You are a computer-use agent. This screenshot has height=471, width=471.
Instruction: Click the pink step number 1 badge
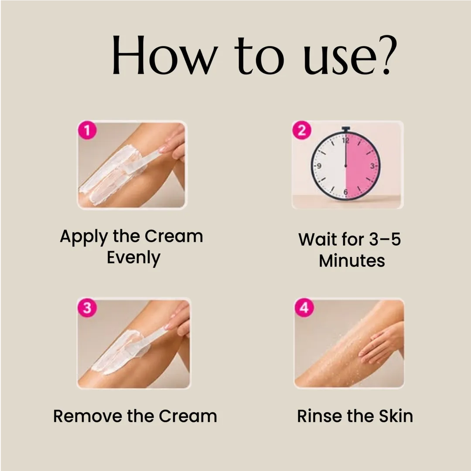87,130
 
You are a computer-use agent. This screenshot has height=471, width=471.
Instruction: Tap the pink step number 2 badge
302,130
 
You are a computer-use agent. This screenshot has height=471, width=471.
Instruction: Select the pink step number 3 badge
87,308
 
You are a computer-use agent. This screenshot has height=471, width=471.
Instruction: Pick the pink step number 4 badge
304,308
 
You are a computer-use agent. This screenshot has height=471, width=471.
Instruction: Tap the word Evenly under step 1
134,258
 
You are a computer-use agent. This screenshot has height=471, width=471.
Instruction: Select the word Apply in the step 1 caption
84,237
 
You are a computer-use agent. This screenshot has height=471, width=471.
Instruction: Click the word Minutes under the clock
352,261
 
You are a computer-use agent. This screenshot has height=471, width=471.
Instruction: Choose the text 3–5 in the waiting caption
385,239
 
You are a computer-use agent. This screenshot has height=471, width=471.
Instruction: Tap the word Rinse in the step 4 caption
320,417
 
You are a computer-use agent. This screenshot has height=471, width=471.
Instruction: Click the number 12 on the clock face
346,140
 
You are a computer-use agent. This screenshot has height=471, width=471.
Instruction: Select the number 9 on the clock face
319,166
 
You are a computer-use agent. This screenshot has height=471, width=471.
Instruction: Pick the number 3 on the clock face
372,166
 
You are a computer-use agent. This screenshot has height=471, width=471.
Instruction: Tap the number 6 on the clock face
346,192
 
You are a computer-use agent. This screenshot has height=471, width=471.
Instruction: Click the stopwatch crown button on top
346,129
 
